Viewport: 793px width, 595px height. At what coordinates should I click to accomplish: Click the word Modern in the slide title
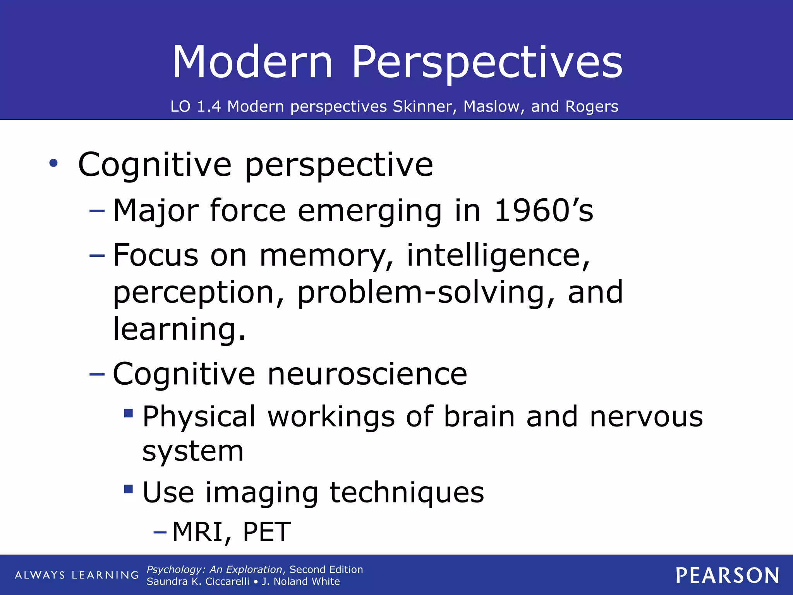pyautogui.click(x=252, y=62)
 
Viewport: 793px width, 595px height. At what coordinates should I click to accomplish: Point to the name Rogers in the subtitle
pyautogui.click(x=592, y=107)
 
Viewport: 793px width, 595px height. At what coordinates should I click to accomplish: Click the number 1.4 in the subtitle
pyautogui.click(x=209, y=107)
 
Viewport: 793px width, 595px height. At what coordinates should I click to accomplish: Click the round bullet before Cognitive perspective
pyautogui.click(x=53, y=163)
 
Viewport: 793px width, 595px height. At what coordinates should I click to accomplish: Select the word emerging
pyautogui.click(x=370, y=212)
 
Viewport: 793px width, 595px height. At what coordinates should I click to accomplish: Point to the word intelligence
pyautogui.click(x=498, y=256)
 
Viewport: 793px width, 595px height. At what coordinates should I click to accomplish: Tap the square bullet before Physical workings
pyautogui.click(x=129, y=413)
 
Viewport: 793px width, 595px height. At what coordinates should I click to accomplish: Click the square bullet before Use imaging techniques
pyautogui.click(x=129, y=489)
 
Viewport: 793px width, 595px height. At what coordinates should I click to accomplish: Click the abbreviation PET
pyautogui.click(x=267, y=532)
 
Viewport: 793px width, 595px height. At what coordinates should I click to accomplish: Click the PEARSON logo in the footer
pyautogui.click(x=728, y=575)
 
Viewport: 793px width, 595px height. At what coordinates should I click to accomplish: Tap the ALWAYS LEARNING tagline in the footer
pyautogui.click(x=77, y=575)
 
